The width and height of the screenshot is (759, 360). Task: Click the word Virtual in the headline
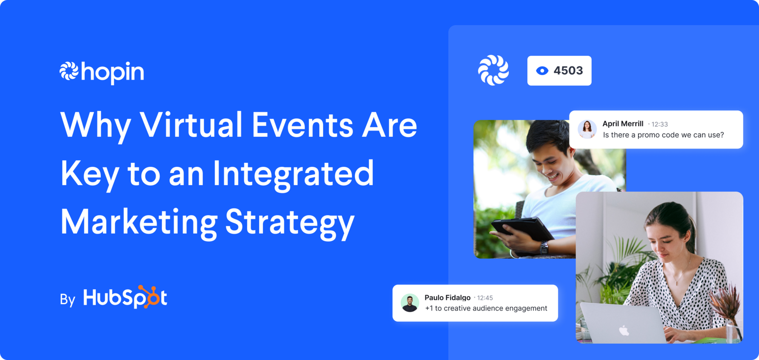(191, 125)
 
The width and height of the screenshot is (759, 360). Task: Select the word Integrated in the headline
(293, 173)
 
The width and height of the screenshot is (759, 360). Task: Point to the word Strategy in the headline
(290, 222)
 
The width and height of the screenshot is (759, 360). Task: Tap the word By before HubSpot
(67, 299)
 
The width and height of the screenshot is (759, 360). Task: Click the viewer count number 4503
(568, 71)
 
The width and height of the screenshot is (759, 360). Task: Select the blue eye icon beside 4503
(542, 71)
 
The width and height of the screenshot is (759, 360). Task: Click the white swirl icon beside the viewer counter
(494, 70)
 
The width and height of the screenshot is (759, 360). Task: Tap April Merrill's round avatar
(587, 129)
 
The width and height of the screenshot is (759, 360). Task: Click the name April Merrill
(623, 124)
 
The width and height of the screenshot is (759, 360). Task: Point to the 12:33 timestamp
(660, 124)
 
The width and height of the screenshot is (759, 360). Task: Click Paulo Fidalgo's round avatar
(410, 303)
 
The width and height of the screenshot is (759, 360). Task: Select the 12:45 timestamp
(485, 298)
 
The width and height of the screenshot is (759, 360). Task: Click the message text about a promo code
(663, 135)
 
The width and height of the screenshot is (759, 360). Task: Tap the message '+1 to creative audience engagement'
(486, 308)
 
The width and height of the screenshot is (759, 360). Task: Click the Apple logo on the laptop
(624, 331)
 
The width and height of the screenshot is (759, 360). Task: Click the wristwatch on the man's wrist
(544, 247)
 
